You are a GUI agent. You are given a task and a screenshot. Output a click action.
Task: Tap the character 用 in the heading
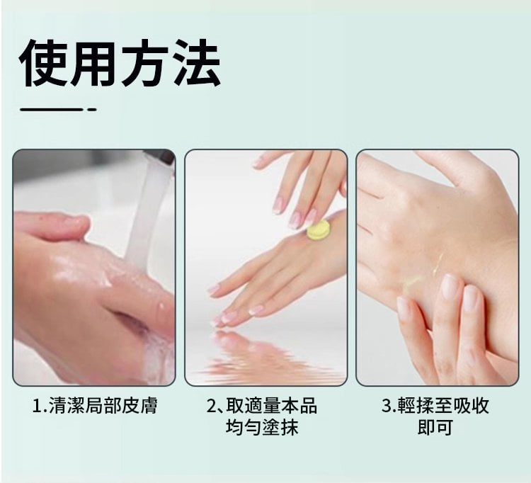click(95, 63)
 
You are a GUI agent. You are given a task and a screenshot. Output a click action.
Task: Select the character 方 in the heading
click(145, 63)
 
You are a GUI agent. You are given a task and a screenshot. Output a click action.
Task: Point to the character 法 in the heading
click(197, 63)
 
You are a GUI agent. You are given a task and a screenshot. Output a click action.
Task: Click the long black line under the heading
click(51, 109)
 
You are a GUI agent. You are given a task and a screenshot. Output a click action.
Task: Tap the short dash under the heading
click(92, 109)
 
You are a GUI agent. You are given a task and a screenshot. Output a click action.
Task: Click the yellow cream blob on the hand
click(318, 230)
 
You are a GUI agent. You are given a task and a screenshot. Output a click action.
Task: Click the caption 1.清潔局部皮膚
click(95, 406)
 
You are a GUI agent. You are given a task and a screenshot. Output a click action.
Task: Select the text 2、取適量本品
click(261, 406)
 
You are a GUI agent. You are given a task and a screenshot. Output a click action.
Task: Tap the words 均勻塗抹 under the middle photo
click(262, 428)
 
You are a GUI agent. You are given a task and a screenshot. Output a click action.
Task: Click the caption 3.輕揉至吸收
click(435, 406)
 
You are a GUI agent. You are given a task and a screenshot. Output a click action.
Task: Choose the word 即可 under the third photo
click(435, 428)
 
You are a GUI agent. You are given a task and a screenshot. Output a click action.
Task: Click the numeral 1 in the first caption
click(38, 406)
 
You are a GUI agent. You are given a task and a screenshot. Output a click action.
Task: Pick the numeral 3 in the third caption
click(387, 406)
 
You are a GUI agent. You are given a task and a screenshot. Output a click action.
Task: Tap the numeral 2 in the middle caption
click(211, 406)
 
